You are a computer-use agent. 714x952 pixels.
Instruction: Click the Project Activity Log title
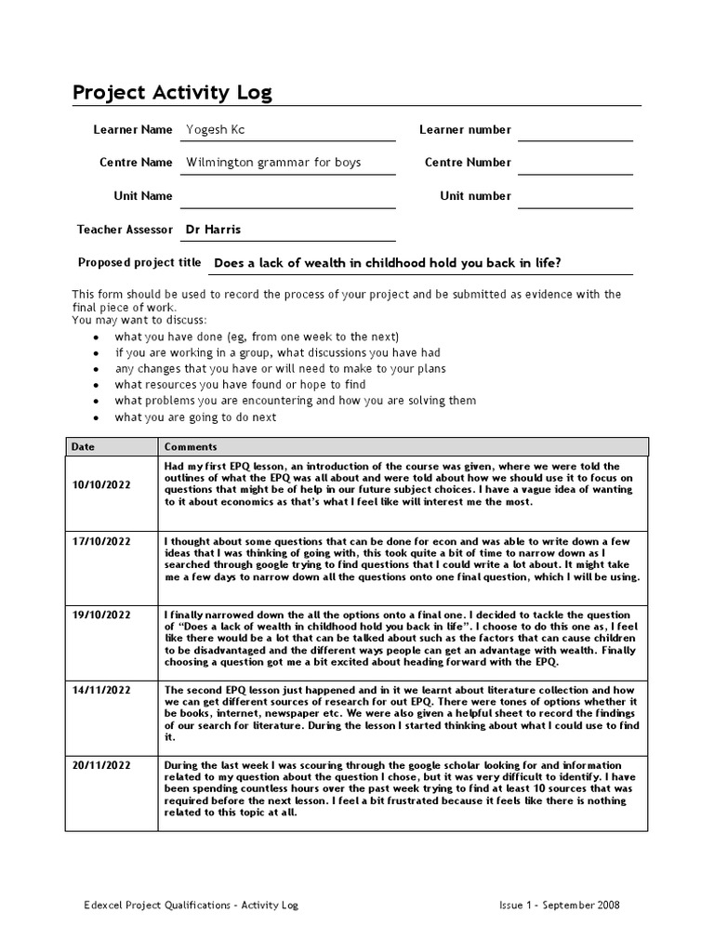coord(173,93)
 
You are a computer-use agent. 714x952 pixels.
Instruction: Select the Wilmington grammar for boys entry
coord(273,163)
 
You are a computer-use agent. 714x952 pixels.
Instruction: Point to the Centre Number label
coord(468,163)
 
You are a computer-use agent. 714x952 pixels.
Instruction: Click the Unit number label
coord(475,196)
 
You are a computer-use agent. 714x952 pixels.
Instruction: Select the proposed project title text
coord(387,263)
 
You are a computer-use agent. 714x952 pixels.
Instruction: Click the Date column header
coord(84,446)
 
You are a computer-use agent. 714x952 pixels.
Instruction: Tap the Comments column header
coord(191,446)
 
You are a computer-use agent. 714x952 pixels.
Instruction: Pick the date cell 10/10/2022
coord(101,484)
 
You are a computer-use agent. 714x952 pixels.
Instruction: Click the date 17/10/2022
coord(101,541)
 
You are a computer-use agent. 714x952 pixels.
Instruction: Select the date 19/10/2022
coord(101,615)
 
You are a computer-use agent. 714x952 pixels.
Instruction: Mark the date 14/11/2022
coord(101,690)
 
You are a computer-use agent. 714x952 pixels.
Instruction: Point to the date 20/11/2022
coord(101,764)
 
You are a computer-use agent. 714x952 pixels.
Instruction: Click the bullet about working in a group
coord(277,353)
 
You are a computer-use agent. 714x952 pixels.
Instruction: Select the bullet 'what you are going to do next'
coord(195,417)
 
